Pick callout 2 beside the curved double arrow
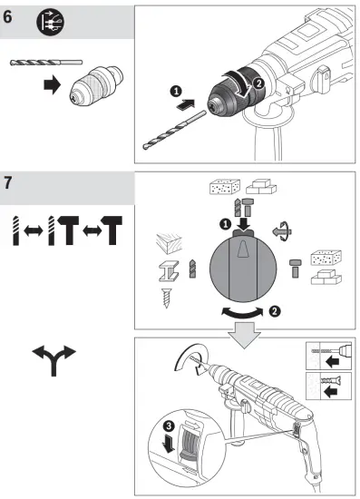coord(273,310)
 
